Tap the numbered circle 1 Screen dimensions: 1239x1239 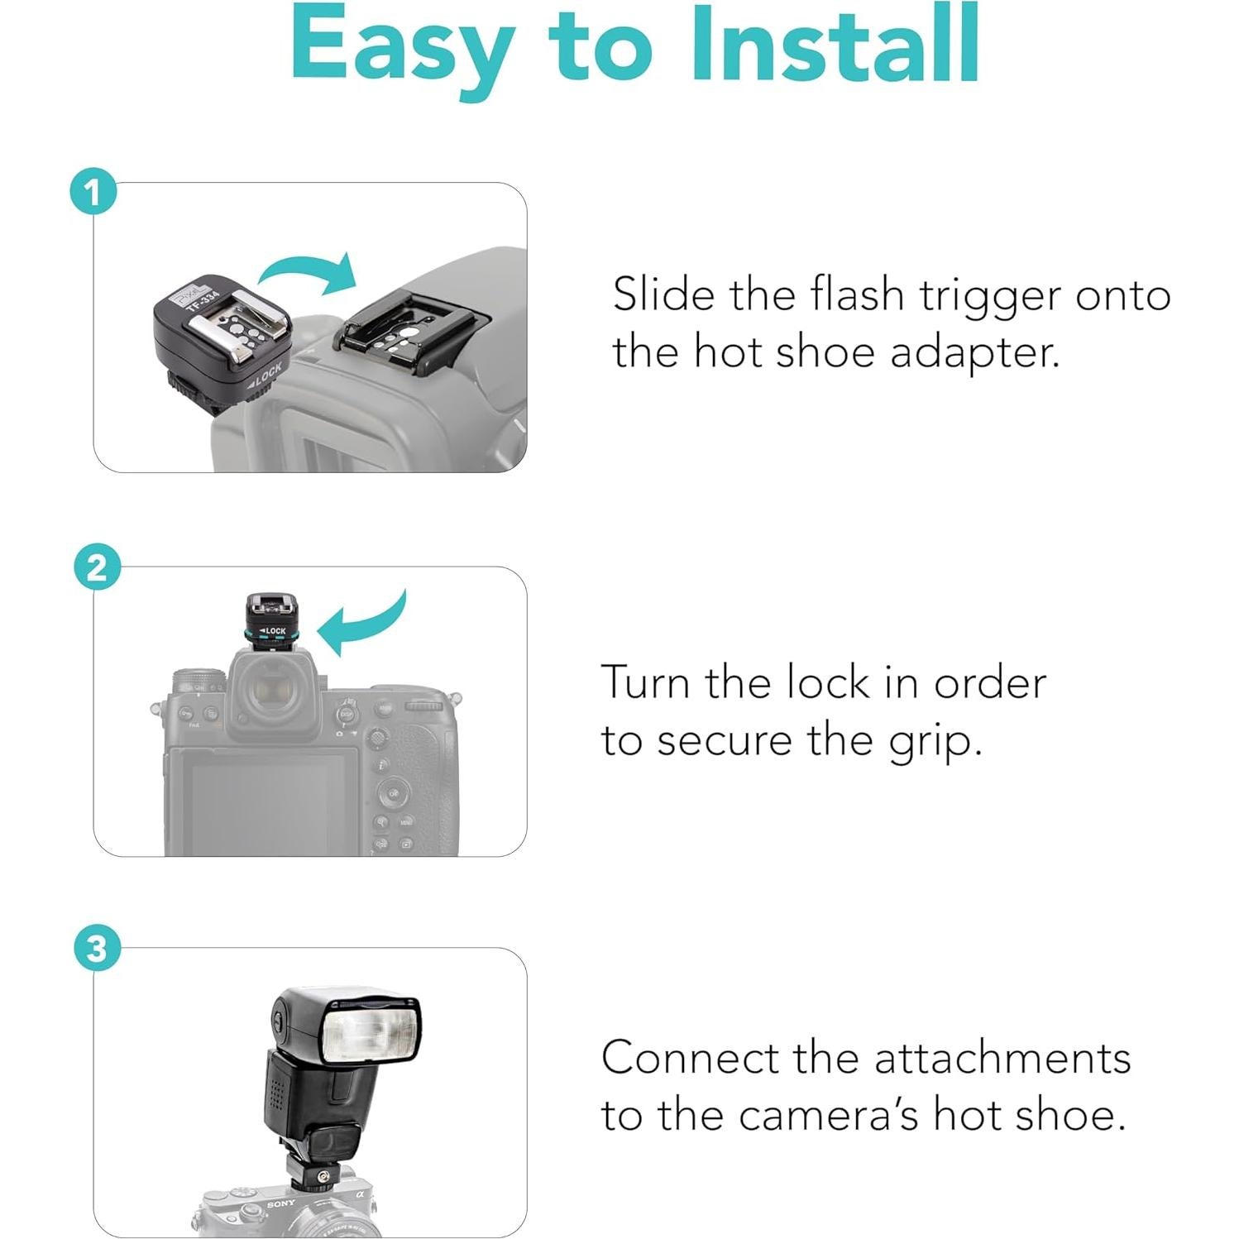pyautogui.click(x=93, y=193)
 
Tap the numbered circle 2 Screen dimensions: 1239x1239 pyautogui.click(x=96, y=568)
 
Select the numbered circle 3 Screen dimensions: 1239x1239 pyautogui.click(x=96, y=948)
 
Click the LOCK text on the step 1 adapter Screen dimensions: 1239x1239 pyautogui.click(x=265, y=375)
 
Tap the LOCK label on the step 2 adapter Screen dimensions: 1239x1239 pyautogui.click(x=273, y=631)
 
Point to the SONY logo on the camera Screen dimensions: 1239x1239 pyautogui.click(x=281, y=1203)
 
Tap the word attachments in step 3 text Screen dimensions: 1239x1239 pyautogui.click(x=1002, y=1058)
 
